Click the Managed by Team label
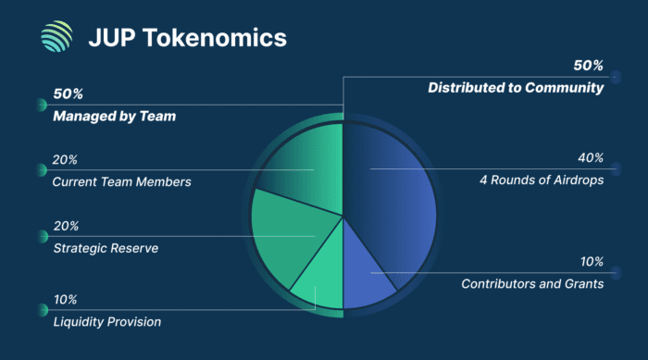coord(114,117)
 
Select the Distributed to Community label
coord(515,88)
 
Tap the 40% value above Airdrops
coord(589,160)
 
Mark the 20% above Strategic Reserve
coord(66,226)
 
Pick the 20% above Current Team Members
coord(66,161)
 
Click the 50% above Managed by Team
coord(69,95)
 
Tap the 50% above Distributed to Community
coord(588,67)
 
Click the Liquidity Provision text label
coord(106,322)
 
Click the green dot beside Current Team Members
coord(42,170)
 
